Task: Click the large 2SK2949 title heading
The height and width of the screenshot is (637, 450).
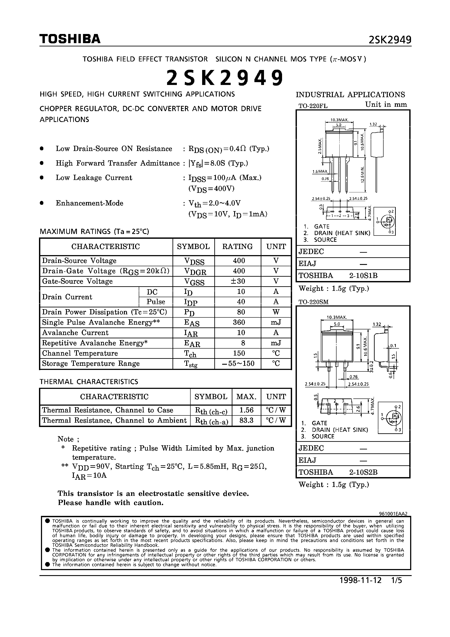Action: [x=225, y=78]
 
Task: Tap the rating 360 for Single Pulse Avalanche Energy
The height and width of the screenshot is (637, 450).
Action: [x=239, y=322]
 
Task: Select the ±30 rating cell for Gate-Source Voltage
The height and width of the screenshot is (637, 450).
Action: [x=238, y=281]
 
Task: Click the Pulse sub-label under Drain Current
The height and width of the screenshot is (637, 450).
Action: [x=156, y=302]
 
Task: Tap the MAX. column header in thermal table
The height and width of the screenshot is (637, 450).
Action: [x=246, y=396]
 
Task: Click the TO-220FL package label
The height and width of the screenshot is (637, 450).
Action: [x=313, y=106]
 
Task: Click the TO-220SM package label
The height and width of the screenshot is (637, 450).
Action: [x=313, y=302]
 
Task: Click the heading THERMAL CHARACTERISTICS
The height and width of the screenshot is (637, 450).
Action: [x=89, y=381]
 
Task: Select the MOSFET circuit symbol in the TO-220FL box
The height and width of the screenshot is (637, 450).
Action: [x=385, y=221]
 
